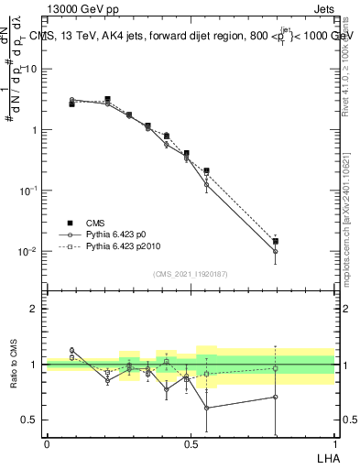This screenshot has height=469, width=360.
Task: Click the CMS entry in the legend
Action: (96, 222)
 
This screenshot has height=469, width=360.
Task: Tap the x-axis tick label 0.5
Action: (191, 444)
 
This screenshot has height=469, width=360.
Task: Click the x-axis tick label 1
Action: (334, 444)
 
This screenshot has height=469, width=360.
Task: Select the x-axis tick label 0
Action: (47, 444)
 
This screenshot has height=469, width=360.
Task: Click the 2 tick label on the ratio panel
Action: (37, 309)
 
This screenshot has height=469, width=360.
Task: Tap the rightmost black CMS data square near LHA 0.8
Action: (275, 242)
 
